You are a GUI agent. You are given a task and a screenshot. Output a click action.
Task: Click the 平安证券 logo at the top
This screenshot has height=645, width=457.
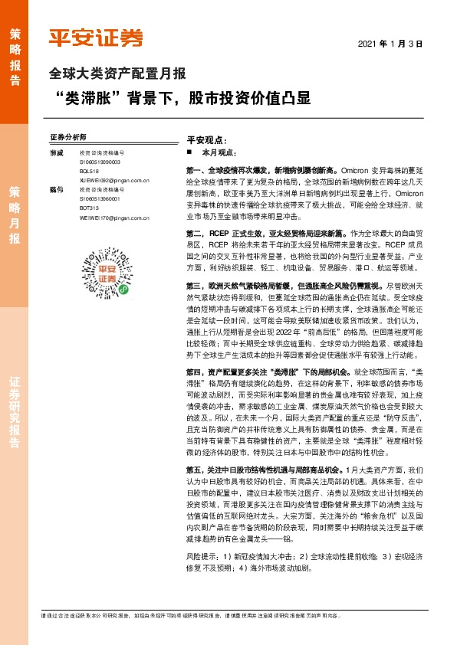pos(95,37)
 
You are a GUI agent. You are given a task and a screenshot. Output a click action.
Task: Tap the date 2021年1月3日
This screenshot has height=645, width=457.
pos(391,44)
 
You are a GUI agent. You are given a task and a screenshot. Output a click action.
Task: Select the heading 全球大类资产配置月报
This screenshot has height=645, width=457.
pos(117,74)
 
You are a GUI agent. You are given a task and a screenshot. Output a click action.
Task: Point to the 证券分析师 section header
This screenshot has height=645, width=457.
pos(68,137)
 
